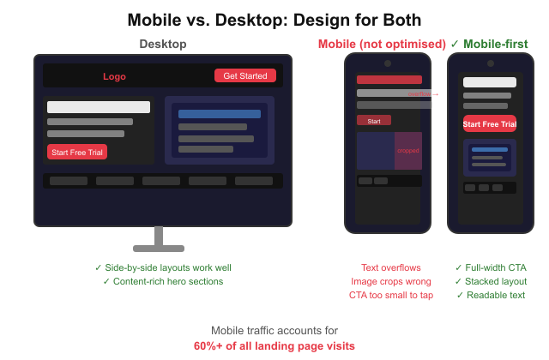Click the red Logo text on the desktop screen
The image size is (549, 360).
[114, 76]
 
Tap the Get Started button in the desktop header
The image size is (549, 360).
[245, 75]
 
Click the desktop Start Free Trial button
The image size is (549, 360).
[77, 153]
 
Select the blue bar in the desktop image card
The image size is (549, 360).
[220, 113]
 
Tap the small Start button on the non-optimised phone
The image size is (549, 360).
[374, 121]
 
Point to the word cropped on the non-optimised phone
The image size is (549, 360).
[407, 151]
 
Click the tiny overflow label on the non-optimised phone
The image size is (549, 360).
[420, 94]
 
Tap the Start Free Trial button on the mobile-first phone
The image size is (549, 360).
[490, 124]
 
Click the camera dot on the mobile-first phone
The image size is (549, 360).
[490, 63]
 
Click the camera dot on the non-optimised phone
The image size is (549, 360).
[387, 63]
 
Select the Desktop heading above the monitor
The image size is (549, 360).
[163, 44]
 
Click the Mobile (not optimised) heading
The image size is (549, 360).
[382, 44]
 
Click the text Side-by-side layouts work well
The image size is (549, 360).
[163, 267]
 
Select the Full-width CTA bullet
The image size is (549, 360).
[491, 267]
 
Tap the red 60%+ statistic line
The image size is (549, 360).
[274, 346]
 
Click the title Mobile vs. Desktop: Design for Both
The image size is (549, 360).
[274, 19]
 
